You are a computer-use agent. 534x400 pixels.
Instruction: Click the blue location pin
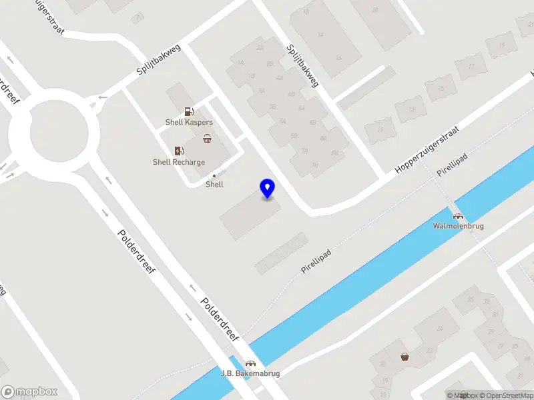point(268,188)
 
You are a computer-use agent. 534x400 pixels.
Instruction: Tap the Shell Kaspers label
point(189,123)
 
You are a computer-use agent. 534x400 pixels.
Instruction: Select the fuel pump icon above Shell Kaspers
point(189,112)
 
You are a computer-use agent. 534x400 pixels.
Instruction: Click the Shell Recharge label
point(179,162)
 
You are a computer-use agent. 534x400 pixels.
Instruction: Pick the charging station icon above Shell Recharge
point(178,151)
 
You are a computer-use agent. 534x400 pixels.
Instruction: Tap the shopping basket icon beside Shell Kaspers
point(208,138)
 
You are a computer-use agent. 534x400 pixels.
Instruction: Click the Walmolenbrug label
point(458,226)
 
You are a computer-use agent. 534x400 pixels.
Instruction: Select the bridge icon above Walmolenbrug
point(458,215)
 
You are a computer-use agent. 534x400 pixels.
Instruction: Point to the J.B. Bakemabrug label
point(250,373)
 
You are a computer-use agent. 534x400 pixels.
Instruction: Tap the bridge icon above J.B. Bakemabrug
point(250,363)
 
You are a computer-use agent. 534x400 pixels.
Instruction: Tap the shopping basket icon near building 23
point(405,356)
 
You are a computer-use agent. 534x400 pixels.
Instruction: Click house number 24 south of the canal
point(439,329)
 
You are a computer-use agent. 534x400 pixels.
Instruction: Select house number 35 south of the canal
point(470,300)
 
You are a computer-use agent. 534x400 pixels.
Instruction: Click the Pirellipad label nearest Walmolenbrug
point(451,167)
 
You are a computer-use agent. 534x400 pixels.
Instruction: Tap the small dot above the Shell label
point(214,175)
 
